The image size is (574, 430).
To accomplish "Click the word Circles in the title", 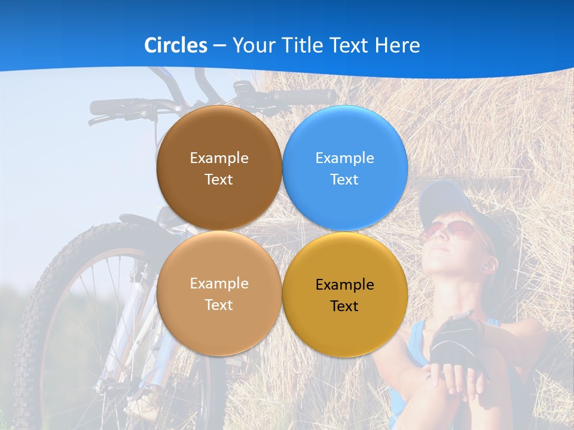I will pos(176,45).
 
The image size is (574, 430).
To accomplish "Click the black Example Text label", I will pos(344,295).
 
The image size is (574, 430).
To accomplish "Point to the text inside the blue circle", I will pos(344,168).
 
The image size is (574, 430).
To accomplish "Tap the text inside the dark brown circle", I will pos(219,168).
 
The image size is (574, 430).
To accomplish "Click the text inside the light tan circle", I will pos(219,294).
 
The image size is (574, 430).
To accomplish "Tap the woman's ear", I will pos(487,265).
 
